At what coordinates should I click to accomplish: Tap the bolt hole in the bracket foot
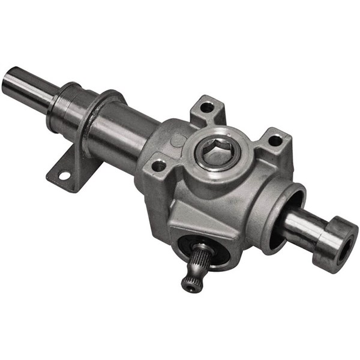click(64, 176)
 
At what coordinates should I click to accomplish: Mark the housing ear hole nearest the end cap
click(275, 140)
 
